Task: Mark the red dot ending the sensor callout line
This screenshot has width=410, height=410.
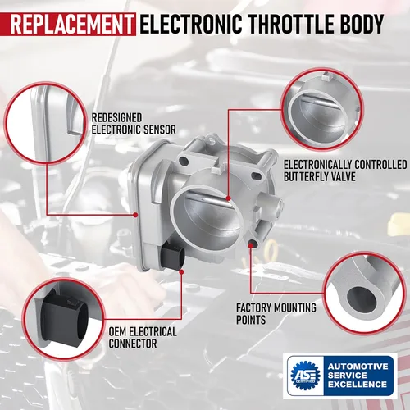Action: [x=134, y=214]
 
